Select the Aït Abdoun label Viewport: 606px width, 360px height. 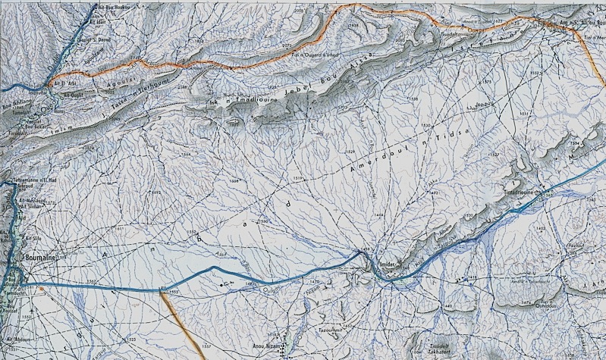pos(17,339)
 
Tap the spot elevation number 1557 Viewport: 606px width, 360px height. pos(206,346)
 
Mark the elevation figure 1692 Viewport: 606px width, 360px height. pos(157,193)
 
